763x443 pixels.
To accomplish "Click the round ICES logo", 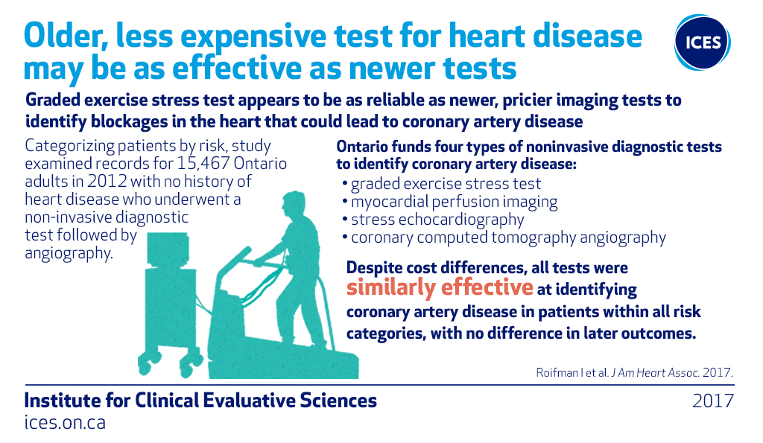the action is tap(702, 42).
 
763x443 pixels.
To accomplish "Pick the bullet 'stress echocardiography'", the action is tap(433, 220).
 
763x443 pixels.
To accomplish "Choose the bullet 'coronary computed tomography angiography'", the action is tap(504, 238).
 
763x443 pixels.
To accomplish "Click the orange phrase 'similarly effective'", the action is tap(440, 287).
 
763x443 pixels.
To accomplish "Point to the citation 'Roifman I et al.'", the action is tap(572, 372).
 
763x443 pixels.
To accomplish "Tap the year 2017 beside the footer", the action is tap(713, 401).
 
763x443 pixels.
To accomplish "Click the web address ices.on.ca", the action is tap(65, 422).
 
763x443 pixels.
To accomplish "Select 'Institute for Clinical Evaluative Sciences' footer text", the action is tap(200, 401).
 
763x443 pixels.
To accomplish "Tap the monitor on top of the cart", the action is tap(168, 250).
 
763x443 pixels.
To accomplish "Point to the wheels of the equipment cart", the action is tap(170, 363).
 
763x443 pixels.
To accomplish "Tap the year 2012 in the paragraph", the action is tap(107, 182).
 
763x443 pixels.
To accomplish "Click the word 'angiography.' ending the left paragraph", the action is tap(69, 253).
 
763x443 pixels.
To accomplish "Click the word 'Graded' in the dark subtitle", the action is tap(53, 101).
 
